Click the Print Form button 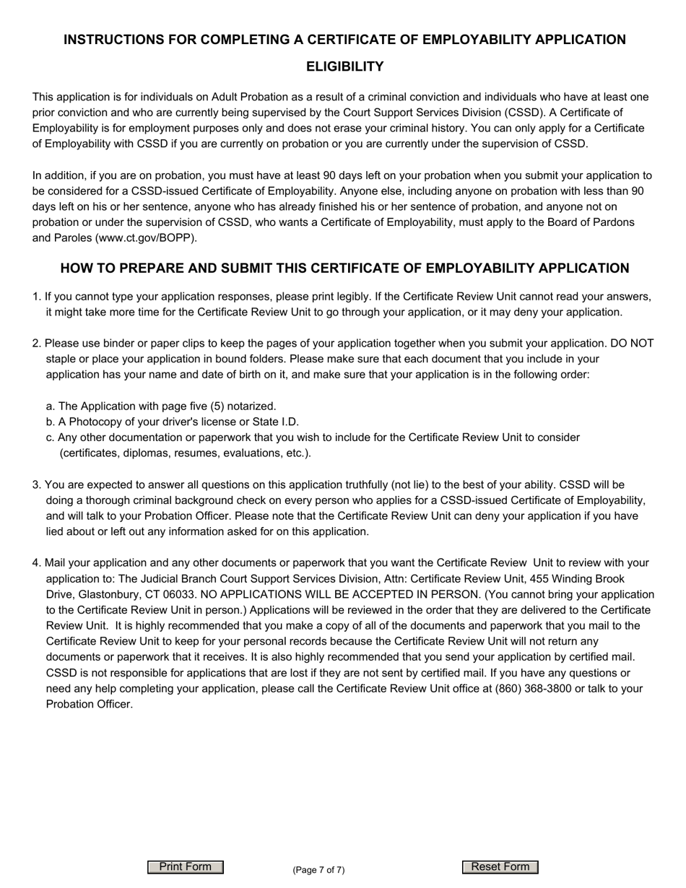186,867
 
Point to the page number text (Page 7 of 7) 318,870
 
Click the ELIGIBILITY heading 344,67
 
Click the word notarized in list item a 251,406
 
